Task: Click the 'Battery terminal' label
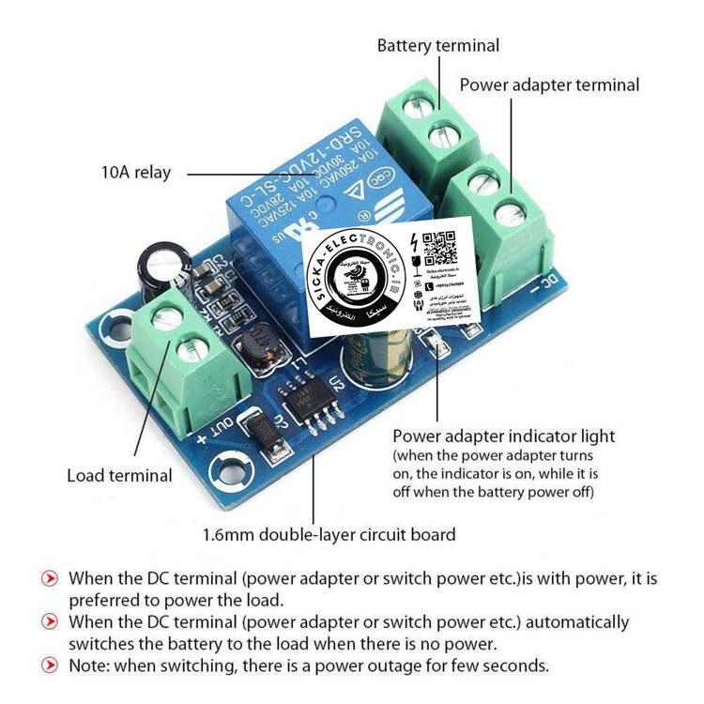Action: (438, 45)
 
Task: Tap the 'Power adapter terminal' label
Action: (549, 84)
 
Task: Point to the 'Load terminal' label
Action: (119, 475)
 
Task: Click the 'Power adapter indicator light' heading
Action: (504, 436)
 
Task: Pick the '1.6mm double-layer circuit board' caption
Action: (329, 535)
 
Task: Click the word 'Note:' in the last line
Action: (92, 666)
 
